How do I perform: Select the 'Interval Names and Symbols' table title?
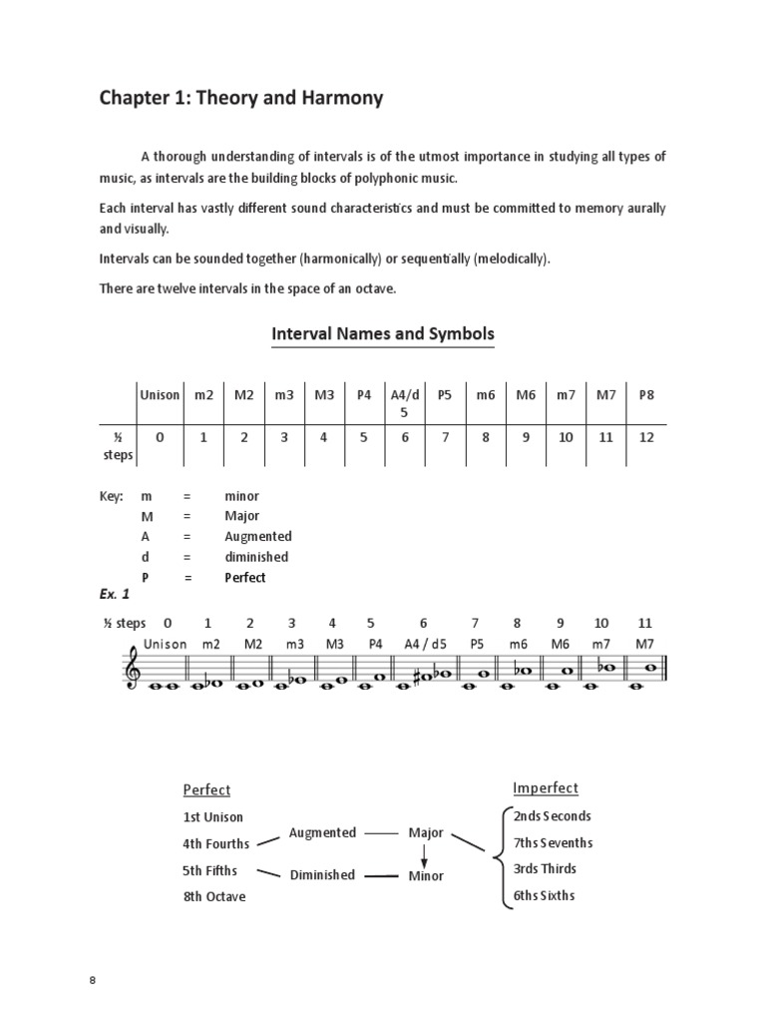(x=383, y=334)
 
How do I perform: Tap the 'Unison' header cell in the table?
(x=160, y=395)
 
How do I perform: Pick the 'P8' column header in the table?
(x=646, y=395)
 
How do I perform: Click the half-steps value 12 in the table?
(x=646, y=437)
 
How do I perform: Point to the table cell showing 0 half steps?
(x=160, y=437)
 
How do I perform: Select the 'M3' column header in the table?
(x=324, y=395)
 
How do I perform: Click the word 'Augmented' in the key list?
(x=258, y=536)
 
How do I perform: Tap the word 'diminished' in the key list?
(x=256, y=557)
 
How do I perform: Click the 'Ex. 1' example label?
(x=115, y=595)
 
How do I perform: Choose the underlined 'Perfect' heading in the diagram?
(x=206, y=790)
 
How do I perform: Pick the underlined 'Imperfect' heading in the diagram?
(x=546, y=788)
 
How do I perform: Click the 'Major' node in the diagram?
(x=426, y=832)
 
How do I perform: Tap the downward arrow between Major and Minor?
(x=424, y=855)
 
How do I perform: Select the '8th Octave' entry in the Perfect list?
(x=213, y=896)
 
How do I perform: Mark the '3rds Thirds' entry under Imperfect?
(x=545, y=868)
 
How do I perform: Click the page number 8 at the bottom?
(x=93, y=980)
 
